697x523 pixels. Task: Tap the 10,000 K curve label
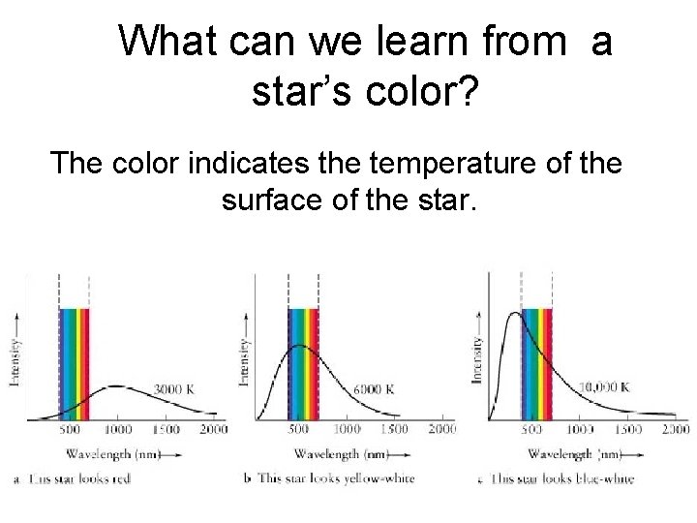coord(605,386)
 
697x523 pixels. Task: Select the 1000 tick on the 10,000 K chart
coord(579,427)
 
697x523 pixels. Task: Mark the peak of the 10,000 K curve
coord(515,312)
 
